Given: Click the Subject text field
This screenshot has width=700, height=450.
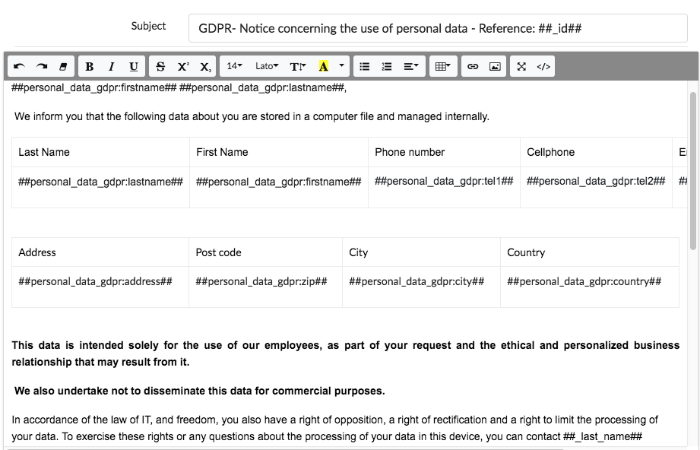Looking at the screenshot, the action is pyautogui.click(x=437, y=29).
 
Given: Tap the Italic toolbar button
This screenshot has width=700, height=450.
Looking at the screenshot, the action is pyautogui.click(x=112, y=67).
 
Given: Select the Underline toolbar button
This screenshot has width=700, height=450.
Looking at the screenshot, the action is pyautogui.click(x=134, y=67).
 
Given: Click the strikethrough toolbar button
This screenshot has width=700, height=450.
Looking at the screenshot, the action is pyautogui.click(x=160, y=67).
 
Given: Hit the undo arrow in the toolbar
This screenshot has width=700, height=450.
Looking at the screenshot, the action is pyautogui.click(x=19, y=67).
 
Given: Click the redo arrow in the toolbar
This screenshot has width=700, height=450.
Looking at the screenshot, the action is pyautogui.click(x=41, y=67).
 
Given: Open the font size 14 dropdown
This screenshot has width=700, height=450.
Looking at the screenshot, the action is pyautogui.click(x=234, y=67).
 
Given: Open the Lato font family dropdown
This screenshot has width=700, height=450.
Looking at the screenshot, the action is pyautogui.click(x=267, y=67).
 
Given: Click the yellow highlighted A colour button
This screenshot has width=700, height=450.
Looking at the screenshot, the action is pyautogui.click(x=324, y=67).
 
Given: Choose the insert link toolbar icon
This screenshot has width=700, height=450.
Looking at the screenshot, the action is pyautogui.click(x=473, y=67).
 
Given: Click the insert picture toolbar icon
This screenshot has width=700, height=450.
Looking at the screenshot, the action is pyautogui.click(x=495, y=67).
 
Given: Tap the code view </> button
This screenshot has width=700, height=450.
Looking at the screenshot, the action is pyautogui.click(x=543, y=67).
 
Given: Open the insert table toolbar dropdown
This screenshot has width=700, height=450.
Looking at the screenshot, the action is pyautogui.click(x=443, y=67).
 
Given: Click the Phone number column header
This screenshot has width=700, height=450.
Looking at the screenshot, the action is pyautogui.click(x=410, y=152).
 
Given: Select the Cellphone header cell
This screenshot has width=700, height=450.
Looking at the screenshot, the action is pyautogui.click(x=550, y=152).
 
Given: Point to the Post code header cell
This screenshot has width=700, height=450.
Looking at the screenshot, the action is pyautogui.click(x=218, y=252).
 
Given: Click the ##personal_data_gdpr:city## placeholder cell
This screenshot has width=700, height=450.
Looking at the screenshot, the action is pyautogui.click(x=417, y=281).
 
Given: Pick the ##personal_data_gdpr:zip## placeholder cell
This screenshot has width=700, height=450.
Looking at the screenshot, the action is pyautogui.click(x=261, y=281).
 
